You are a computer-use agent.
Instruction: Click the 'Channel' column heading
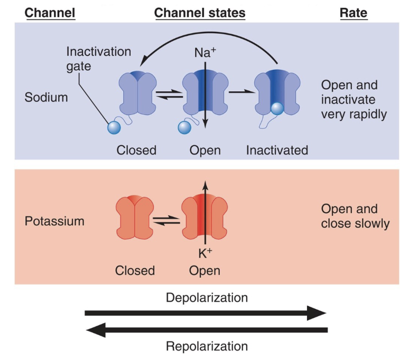(50, 13)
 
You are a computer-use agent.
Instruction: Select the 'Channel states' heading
(200, 13)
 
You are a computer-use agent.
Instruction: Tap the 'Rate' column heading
(353, 13)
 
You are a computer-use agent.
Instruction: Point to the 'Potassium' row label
(54, 221)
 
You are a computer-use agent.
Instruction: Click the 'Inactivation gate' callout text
(98, 59)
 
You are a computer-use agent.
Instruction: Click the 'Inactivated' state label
(277, 150)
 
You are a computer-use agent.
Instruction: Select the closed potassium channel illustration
(134, 217)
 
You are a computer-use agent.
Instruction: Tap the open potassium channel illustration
(205, 217)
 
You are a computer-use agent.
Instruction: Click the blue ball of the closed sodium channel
(114, 128)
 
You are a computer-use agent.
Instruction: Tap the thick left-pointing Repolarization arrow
(206, 331)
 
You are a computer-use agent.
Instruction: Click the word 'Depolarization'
(207, 297)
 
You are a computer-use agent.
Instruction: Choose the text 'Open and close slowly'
(355, 216)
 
